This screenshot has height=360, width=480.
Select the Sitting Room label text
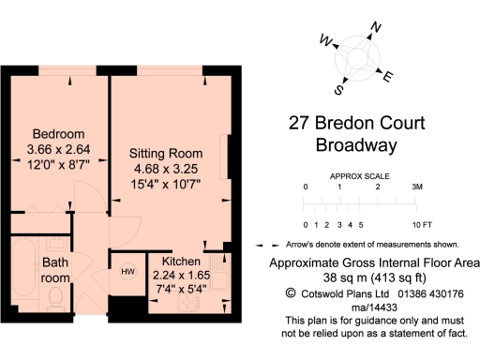click(x=166, y=153)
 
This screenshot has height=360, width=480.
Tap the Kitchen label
click(x=179, y=260)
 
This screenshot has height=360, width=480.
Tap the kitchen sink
click(x=220, y=272)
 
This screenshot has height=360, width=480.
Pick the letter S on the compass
click(x=340, y=91)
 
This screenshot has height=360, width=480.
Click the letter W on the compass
click(x=326, y=40)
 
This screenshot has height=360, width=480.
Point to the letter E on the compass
click(x=389, y=77)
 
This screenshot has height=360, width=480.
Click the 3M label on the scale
click(x=417, y=187)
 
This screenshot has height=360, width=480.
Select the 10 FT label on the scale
click(x=421, y=225)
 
